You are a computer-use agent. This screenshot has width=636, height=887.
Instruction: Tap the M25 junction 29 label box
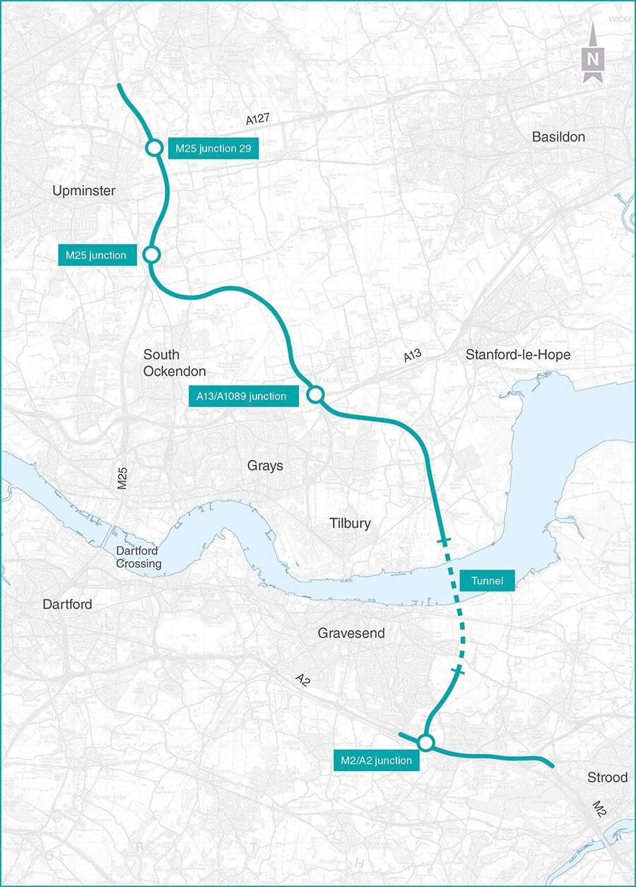point(212,148)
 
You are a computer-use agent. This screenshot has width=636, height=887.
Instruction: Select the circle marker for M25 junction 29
point(153,148)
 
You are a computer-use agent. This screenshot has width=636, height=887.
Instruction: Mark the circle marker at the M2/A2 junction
point(425,743)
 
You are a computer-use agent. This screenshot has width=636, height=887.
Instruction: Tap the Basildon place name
point(558,137)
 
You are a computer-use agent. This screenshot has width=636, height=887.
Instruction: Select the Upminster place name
point(83,191)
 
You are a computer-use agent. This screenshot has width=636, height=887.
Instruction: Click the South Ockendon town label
point(175,363)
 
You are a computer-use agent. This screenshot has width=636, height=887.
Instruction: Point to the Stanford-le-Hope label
point(518,355)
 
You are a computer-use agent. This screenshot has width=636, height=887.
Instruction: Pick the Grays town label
point(265,466)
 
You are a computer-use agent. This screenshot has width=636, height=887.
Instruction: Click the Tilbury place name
point(350,524)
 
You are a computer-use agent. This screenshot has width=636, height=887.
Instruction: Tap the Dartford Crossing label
point(139,558)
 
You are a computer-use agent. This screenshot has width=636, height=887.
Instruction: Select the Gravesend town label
point(351,633)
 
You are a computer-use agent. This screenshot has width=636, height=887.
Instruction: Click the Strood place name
point(607,777)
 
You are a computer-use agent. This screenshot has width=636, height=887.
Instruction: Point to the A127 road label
point(259,120)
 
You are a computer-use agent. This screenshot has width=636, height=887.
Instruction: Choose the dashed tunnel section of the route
point(454,606)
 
